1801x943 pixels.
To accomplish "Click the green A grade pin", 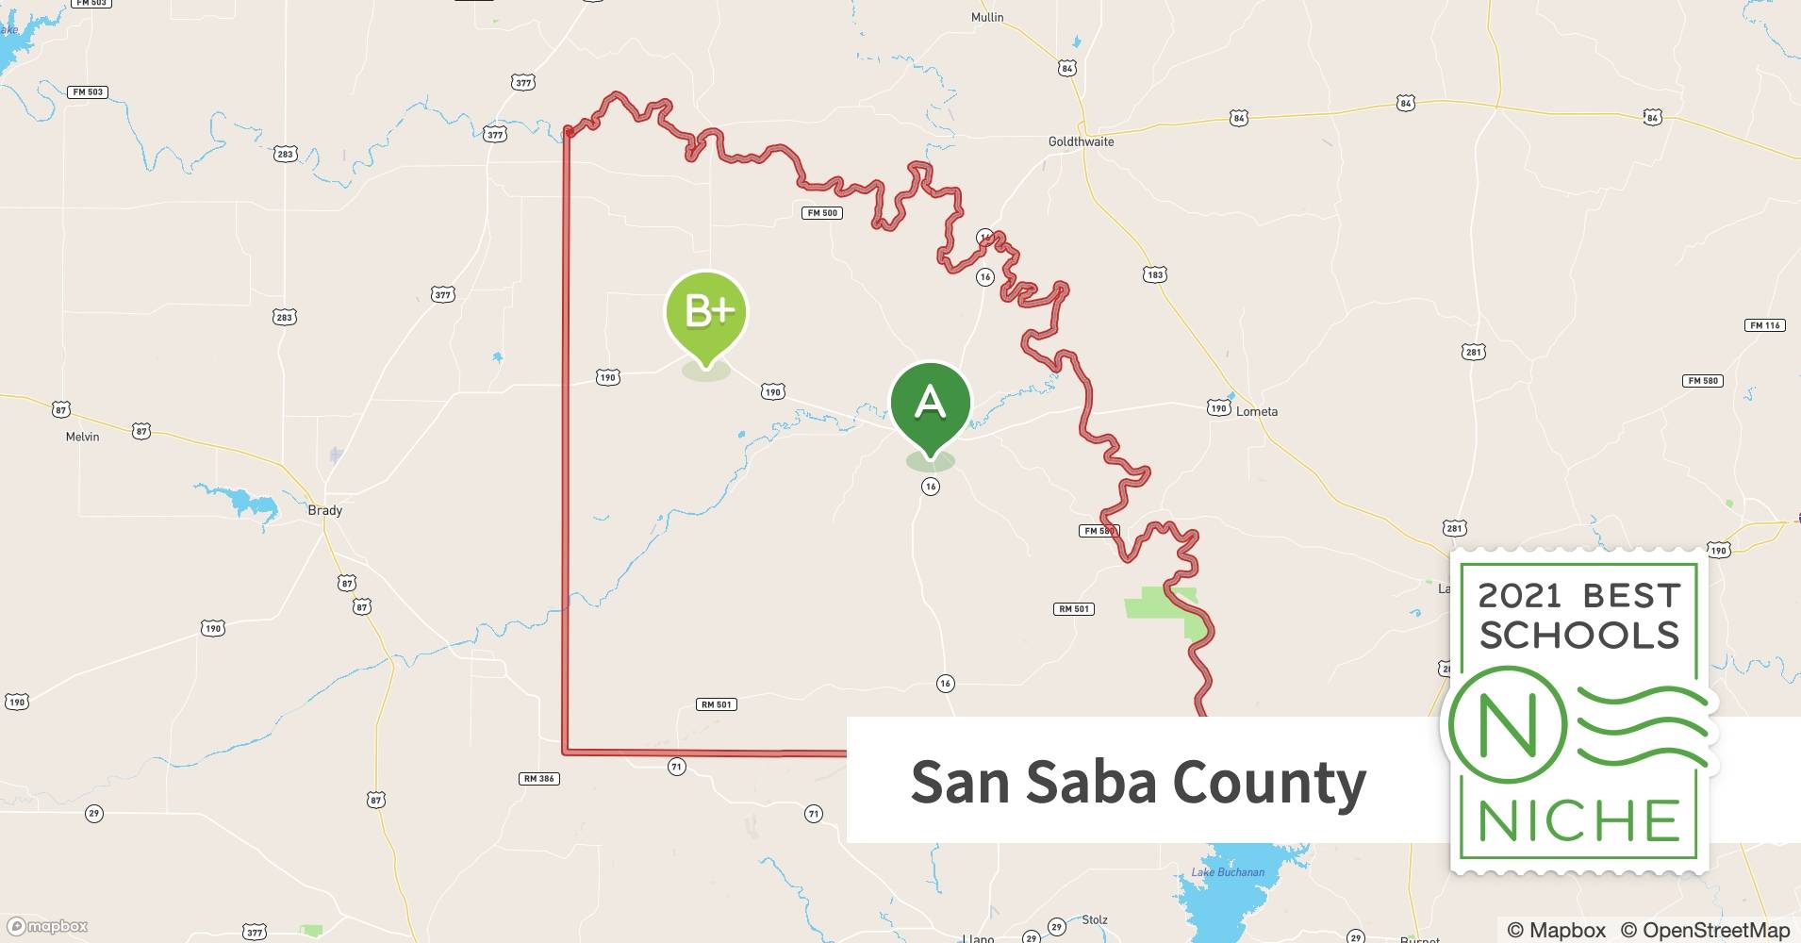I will click(931, 404).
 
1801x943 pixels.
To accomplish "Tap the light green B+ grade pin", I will click(706, 312).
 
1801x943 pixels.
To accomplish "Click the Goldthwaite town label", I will click(1081, 141).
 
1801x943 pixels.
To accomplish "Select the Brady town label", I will click(325, 510).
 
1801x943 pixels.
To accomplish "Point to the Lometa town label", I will click(1257, 411).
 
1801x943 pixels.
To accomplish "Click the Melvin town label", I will click(82, 437).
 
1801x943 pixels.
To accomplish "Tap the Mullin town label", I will click(987, 17).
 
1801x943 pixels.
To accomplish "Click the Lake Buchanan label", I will click(1228, 872).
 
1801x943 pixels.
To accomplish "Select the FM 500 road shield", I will click(822, 213).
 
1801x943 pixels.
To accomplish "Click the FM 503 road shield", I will click(89, 92).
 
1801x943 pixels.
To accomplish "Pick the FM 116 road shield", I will click(1765, 325).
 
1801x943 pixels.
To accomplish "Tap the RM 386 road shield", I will click(539, 779).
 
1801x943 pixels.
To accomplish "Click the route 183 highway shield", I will click(1155, 274).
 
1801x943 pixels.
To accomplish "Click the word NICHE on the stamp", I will click(1579, 820).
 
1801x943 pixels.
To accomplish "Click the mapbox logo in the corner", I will click(48, 926).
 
